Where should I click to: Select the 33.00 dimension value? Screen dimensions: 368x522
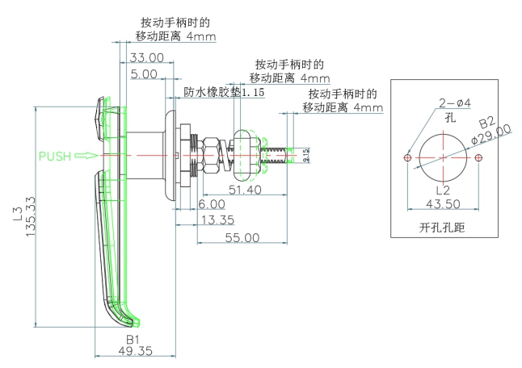click(x=146, y=57)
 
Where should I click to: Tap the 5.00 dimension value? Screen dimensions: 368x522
click(x=144, y=73)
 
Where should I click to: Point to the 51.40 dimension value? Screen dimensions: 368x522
click(x=245, y=190)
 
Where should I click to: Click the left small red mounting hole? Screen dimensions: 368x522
click(x=407, y=157)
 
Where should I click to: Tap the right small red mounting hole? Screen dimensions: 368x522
click(x=478, y=157)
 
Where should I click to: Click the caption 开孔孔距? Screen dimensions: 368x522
click(x=442, y=228)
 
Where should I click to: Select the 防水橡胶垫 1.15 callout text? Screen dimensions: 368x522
click(x=224, y=92)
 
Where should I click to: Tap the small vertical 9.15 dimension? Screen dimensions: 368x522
click(x=305, y=154)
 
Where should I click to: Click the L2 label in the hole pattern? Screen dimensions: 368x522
click(x=442, y=190)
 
